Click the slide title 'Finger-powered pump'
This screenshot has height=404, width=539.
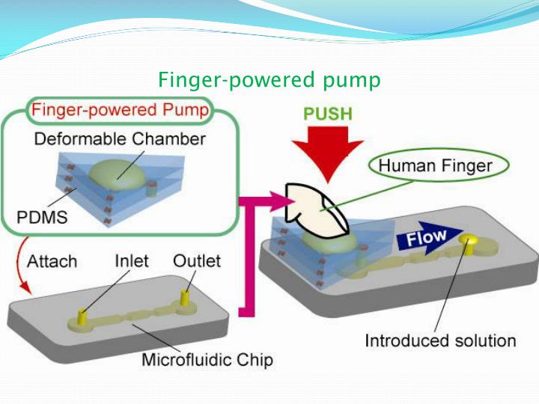pos(269,79)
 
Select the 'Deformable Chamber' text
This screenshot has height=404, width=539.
pos(121,139)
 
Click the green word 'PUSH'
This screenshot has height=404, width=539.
pos(328,115)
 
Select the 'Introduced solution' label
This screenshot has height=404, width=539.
pos(440,341)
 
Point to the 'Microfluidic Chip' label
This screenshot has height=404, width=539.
pos(207,360)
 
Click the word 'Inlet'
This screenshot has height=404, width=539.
pos(132,261)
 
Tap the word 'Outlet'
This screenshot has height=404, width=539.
pos(197,261)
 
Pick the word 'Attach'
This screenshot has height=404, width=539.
pos(52,261)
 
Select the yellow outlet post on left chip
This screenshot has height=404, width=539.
pos(184,300)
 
